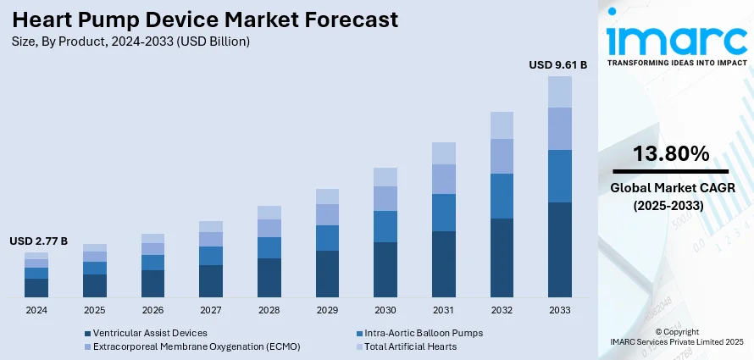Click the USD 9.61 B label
tap(557, 64)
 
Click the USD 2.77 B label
tap(38, 241)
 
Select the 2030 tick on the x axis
tap(385, 310)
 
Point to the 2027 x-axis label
tap(211, 310)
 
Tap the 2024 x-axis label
tap(36, 310)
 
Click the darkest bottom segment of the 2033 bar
tap(560, 250)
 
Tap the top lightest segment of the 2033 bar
tap(560, 91)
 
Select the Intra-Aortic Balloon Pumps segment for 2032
tap(502, 196)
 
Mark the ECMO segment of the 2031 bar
tap(444, 179)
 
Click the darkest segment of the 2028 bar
tap(269, 278)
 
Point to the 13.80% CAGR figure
tap(671, 153)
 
